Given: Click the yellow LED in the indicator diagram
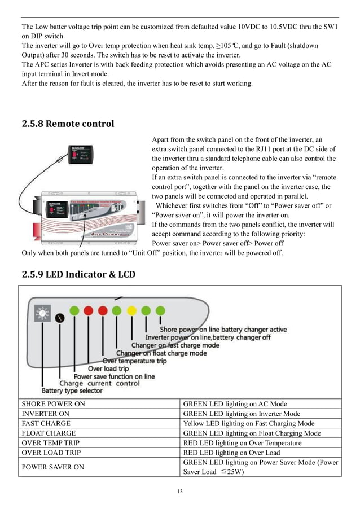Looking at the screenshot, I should pos(131,310).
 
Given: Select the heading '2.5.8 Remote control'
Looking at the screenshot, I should pos(68,124).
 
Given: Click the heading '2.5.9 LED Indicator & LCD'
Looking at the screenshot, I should pos(78,274).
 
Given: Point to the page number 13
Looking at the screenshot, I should pos(180,491).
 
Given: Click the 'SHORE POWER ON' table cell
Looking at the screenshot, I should pos(54,404).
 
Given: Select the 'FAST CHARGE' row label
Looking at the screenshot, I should pos(46,423).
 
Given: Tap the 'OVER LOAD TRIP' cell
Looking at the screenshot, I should pos(51,453).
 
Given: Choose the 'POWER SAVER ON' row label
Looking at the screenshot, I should pos(52,467).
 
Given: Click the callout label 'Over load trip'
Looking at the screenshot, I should pos(108,368).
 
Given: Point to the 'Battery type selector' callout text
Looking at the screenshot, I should pos(72,390).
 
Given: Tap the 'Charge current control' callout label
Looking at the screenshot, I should pos(99,383).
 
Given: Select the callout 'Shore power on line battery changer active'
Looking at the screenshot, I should pos(223,329).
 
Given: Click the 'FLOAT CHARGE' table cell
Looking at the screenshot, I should pos(49,433).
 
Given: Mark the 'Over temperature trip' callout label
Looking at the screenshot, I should pos(134,361).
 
